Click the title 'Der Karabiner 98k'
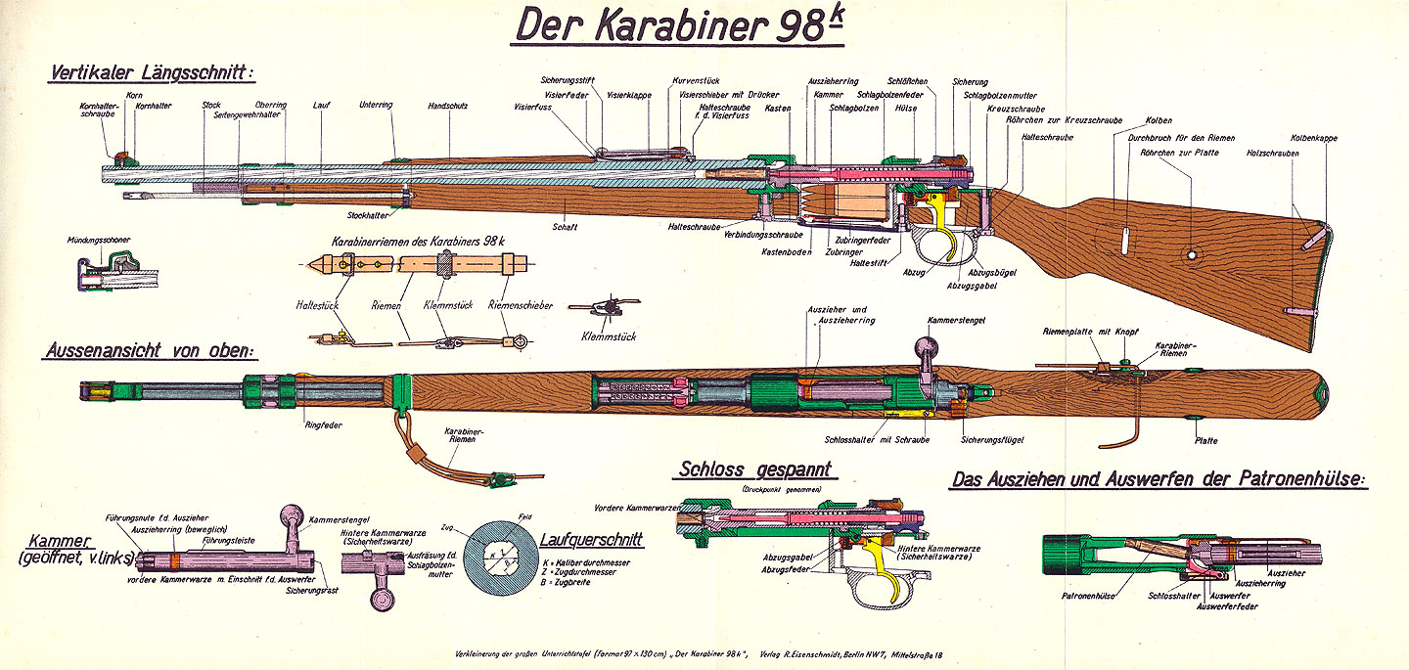tap(678, 27)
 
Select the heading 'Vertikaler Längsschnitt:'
tap(150, 73)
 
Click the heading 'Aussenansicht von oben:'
tap(149, 349)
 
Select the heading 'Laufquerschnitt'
tap(591, 538)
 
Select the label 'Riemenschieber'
tap(513, 304)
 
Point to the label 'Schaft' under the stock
tap(565, 227)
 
